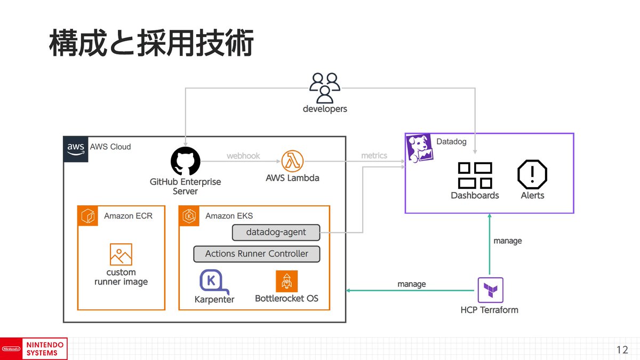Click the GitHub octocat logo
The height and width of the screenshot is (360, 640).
coord(186,161)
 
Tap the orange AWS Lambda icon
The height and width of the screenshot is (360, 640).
coord(292,161)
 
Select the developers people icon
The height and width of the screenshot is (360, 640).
coord(325,88)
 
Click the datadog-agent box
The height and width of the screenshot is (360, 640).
coord(276,233)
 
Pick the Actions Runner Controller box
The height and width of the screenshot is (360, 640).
coord(257,254)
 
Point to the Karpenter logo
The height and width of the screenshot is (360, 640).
coord(214,282)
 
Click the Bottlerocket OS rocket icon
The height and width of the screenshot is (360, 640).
coord(286,282)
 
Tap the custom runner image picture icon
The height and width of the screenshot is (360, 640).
coord(121,254)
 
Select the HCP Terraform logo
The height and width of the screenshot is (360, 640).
coord(490,290)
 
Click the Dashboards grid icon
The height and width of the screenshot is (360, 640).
coord(475,175)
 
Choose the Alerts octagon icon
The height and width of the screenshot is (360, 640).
coord(532,174)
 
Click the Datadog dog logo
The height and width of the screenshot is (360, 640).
coord(419,148)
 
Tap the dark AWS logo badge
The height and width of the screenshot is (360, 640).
coord(76,149)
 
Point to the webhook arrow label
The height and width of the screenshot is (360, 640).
coord(243,156)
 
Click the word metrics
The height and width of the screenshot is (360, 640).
coord(374,156)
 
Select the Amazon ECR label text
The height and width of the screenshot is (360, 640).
coord(128,215)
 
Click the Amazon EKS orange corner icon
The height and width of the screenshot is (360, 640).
coord(189,215)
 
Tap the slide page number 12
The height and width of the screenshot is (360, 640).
coord(622,350)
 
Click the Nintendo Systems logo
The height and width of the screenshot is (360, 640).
coord(34,349)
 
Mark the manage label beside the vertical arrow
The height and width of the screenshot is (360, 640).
coord(507,241)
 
